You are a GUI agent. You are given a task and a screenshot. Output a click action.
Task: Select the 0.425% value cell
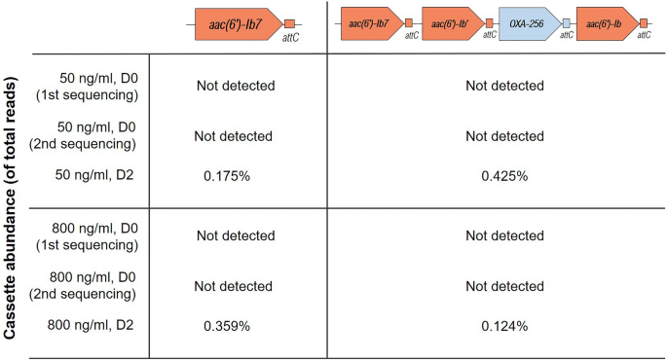pos(504,177)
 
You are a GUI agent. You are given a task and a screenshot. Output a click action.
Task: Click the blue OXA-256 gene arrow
pos(529,21)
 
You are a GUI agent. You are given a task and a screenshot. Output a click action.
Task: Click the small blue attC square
pos(566,22)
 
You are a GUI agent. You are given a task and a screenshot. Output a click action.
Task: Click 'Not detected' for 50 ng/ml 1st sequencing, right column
pos(504,86)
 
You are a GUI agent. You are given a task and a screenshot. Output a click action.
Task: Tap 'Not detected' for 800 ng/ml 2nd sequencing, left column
pos(235,286)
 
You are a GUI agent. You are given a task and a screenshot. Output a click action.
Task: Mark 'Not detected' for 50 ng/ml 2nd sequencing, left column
pos(235,136)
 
